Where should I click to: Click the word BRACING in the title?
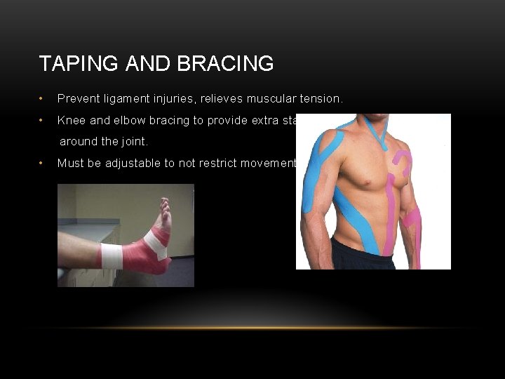click(x=225, y=64)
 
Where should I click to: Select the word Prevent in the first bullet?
click(x=78, y=100)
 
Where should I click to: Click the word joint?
click(x=133, y=142)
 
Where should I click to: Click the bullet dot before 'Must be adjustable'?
click(x=43, y=164)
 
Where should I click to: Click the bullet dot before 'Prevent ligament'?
click(x=43, y=100)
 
